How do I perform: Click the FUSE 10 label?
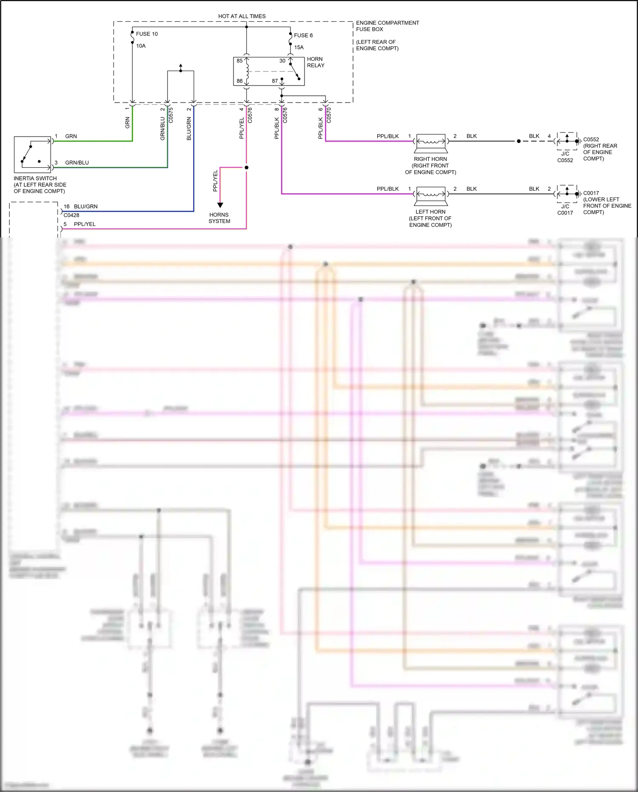pos(147,34)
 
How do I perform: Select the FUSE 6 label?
pos(303,35)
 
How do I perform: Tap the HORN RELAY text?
pos(315,62)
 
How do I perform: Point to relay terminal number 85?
pos(239,61)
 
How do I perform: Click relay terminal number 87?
pos(275,81)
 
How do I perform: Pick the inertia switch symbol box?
pos(32,154)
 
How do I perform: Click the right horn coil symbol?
pos(430,141)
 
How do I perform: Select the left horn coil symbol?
pos(430,194)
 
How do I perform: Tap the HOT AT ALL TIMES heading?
pos(242,16)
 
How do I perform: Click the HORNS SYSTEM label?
pos(219,218)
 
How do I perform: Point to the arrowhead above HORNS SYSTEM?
pos(220,205)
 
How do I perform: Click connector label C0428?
pos(71,215)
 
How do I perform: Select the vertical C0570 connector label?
pos(329,115)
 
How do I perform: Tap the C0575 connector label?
pos(171,115)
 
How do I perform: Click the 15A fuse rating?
pos(299,47)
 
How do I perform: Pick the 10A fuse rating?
pos(141,46)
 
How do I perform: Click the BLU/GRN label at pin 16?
pos(85,206)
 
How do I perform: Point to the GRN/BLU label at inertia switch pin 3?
pos(77,163)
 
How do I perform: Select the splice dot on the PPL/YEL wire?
pos(246,167)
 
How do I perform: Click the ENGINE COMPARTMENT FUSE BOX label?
pos(387,26)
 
